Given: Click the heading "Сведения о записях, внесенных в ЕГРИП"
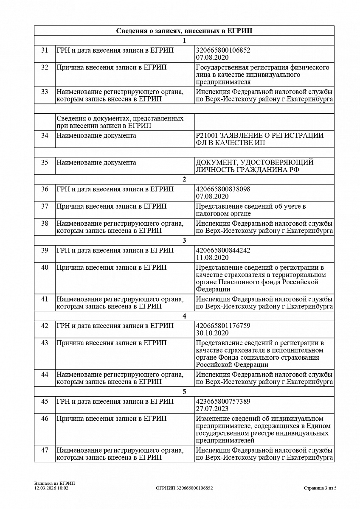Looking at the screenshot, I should tap(184, 31).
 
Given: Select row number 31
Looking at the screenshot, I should tap(45, 50).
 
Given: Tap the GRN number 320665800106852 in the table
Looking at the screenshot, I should tap(223, 50).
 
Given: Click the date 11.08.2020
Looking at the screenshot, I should tap(212, 257).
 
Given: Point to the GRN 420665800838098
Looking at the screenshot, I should tap(223, 189).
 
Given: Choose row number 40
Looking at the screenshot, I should tap(45, 267).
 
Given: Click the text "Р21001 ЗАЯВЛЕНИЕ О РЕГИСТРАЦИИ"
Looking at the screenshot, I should tap(260, 135).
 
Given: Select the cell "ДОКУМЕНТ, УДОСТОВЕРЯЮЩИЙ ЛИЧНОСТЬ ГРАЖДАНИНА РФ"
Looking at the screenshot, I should tap(254, 166).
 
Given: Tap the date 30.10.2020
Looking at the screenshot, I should tap(212, 333).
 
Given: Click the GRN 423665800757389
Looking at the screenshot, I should tap(223, 401).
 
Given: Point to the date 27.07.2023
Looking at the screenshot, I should tap(212, 408).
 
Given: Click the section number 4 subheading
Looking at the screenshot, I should tap(184, 316).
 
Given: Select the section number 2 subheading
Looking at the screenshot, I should tap(184, 179).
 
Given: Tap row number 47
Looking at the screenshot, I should tap(45, 450).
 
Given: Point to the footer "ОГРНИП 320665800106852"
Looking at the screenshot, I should tap(184, 488).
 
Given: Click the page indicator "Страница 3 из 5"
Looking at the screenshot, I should tap(320, 488).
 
